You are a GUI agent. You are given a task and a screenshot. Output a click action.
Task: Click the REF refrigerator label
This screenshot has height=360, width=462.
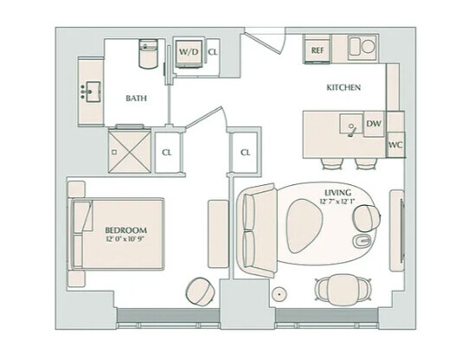(318, 50)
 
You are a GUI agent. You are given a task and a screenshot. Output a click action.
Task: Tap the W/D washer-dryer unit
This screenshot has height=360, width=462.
(189, 53)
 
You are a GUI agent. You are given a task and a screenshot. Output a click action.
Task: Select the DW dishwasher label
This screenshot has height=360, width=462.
(374, 124)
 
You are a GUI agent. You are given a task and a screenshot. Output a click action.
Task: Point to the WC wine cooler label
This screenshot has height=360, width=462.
(395, 145)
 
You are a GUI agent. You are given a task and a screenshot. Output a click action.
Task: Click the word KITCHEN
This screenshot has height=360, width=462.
(343, 87)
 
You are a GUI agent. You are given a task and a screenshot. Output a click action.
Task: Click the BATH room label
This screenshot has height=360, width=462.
(136, 98)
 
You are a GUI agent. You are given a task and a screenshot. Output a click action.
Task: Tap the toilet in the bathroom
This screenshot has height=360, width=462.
(148, 54)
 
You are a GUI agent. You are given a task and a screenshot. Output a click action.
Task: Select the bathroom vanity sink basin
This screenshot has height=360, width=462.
(93, 92)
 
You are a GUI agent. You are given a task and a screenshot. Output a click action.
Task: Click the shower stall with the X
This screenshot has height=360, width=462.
(130, 151)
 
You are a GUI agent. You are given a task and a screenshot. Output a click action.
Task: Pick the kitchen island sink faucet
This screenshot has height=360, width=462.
(352, 131)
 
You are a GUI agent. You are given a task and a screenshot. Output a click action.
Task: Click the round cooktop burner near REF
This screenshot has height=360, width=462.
(368, 47)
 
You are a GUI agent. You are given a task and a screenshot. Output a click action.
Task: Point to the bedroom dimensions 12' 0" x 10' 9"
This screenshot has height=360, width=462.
(126, 239)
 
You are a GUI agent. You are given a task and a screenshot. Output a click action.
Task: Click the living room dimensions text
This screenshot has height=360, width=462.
(338, 202)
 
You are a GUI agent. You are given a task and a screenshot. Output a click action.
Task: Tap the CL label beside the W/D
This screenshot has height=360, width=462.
(213, 52)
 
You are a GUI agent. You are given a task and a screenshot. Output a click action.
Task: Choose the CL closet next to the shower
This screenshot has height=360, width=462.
(167, 152)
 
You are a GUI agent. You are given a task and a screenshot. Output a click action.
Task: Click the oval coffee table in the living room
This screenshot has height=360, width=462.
(304, 226)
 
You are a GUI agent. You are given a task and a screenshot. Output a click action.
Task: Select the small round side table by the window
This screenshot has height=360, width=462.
(279, 293)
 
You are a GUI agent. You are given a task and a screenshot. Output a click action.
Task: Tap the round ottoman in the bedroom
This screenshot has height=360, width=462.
(200, 291)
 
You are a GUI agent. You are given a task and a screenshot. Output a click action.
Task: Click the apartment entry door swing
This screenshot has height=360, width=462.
(266, 42)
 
